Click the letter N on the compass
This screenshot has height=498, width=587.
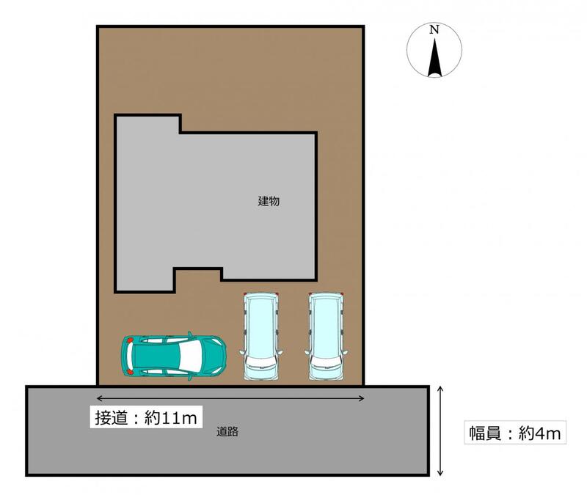[434, 29]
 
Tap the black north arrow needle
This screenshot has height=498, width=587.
[434, 57]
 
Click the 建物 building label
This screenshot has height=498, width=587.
[269, 201]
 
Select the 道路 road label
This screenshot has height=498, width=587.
[227, 432]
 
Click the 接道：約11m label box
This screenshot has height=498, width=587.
[146, 417]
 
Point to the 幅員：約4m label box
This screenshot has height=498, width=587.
[515, 433]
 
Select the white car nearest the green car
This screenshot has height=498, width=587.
[261, 336]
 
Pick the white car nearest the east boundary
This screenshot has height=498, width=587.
[326, 336]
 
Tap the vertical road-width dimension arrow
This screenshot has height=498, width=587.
[440, 431]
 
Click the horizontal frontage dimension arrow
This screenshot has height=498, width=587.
[230, 398]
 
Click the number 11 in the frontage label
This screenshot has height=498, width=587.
[168, 418]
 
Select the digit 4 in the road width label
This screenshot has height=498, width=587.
[539, 433]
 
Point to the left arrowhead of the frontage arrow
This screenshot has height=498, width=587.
[99, 398]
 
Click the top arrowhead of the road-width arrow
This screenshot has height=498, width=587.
[440, 389]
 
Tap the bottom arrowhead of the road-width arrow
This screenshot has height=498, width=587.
[440, 473]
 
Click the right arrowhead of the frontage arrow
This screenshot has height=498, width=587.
[362, 398]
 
